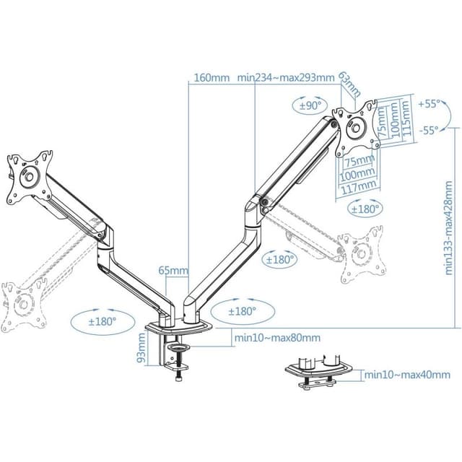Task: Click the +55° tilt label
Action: pyautogui.click(x=428, y=104)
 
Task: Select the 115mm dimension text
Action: pyautogui.click(x=407, y=118)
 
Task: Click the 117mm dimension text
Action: pyautogui.click(x=358, y=186)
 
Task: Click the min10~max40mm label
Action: pyautogui.click(x=406, y=375)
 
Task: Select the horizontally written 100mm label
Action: pyautogui.click(x=358, y=173)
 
